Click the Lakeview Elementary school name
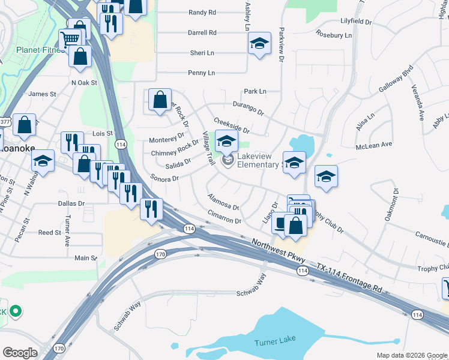click(x=264, y=161)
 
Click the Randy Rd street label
click(x=202, y=12)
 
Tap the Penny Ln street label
click(x=202, y=73)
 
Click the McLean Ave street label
click(x=373, y=145)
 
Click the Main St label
click(x=85, y=258)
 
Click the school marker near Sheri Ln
click(x=259, y=44)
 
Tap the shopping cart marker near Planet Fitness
click(x=70, y=39)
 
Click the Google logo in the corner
click(x=20, y=353)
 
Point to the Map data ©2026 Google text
click(x=411, y=355)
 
